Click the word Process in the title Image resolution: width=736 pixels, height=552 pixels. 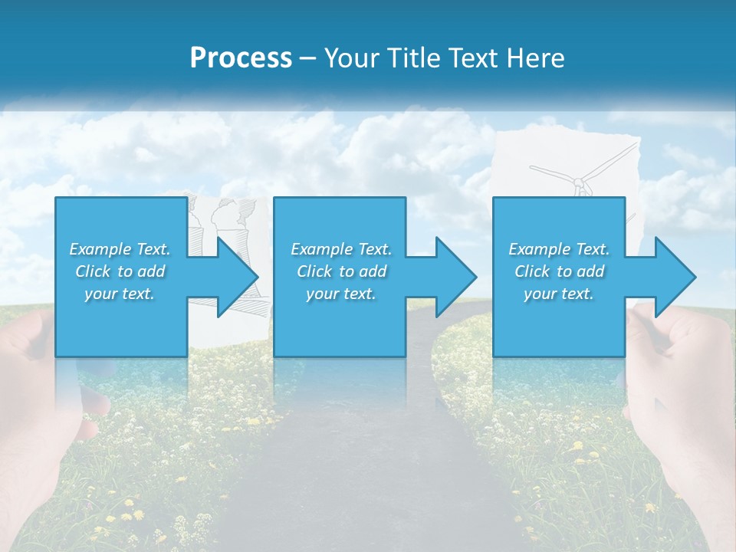pyautogui.click(x=241, y=58)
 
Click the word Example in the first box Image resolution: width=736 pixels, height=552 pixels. pyautogui.click(x=100, y=249)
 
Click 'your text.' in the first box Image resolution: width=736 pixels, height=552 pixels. pyautogui.click(x=120, y=294)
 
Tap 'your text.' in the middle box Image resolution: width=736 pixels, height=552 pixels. pyautogui.click(x=340, y=294)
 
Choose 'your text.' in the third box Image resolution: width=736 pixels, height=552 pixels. pyautogui.click(x=559, y=294)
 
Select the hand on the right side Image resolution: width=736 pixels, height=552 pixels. pyautogui.click(x=682, y=399)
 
